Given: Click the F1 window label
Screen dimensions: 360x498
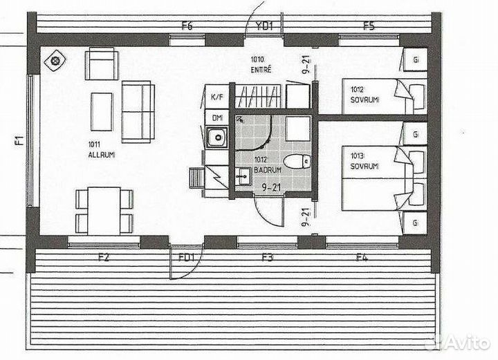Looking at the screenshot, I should (19, 142).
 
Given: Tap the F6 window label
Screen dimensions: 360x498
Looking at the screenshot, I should (187, 26).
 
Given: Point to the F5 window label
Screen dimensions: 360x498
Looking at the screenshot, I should (369, 26).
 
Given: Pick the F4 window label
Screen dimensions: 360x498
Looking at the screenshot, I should (361, 258).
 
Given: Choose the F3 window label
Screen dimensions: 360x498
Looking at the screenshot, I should (268, 258).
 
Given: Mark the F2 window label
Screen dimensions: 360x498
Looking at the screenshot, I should (104, 258).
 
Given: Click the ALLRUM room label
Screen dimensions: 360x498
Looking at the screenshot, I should (101, 155).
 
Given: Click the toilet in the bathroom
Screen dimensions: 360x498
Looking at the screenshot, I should (297, 162).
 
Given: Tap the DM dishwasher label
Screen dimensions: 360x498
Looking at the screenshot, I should (216, 118).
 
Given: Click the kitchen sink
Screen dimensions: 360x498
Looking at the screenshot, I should (216, 138).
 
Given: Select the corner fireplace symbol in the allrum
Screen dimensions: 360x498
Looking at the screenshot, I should (55, 61).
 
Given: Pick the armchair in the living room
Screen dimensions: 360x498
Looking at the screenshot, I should (102, 66).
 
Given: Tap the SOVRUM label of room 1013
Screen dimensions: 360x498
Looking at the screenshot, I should (364, 166).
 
